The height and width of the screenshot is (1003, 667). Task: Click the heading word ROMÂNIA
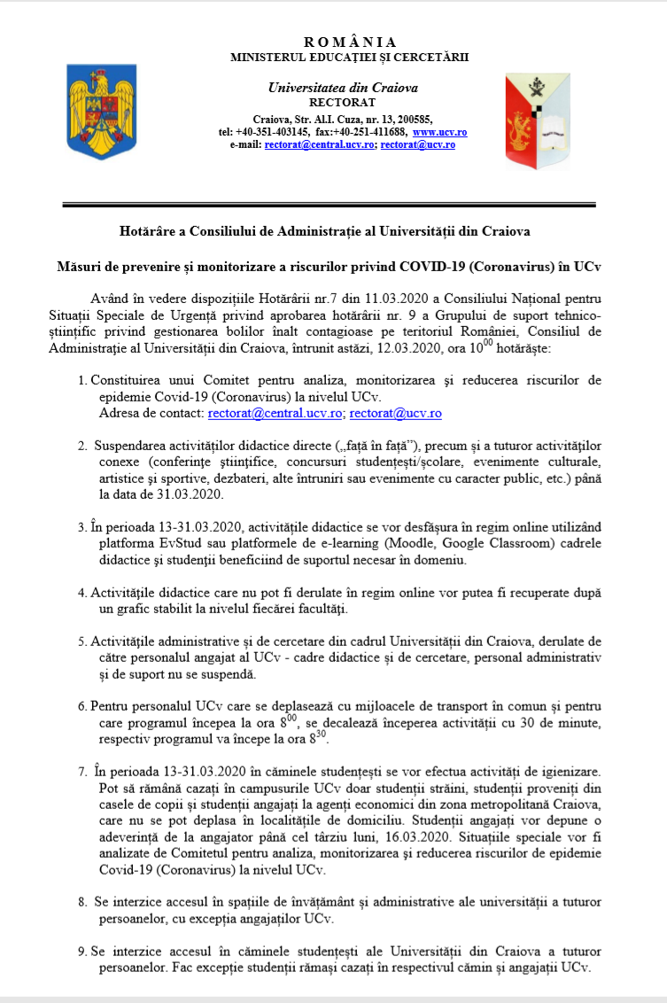pyautogui.click(x=350, y=43)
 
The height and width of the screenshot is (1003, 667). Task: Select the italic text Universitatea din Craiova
pyautogui.click(x=343, y=88)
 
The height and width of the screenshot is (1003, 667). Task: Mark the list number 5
pyautogui.click(x=83, y=641)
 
